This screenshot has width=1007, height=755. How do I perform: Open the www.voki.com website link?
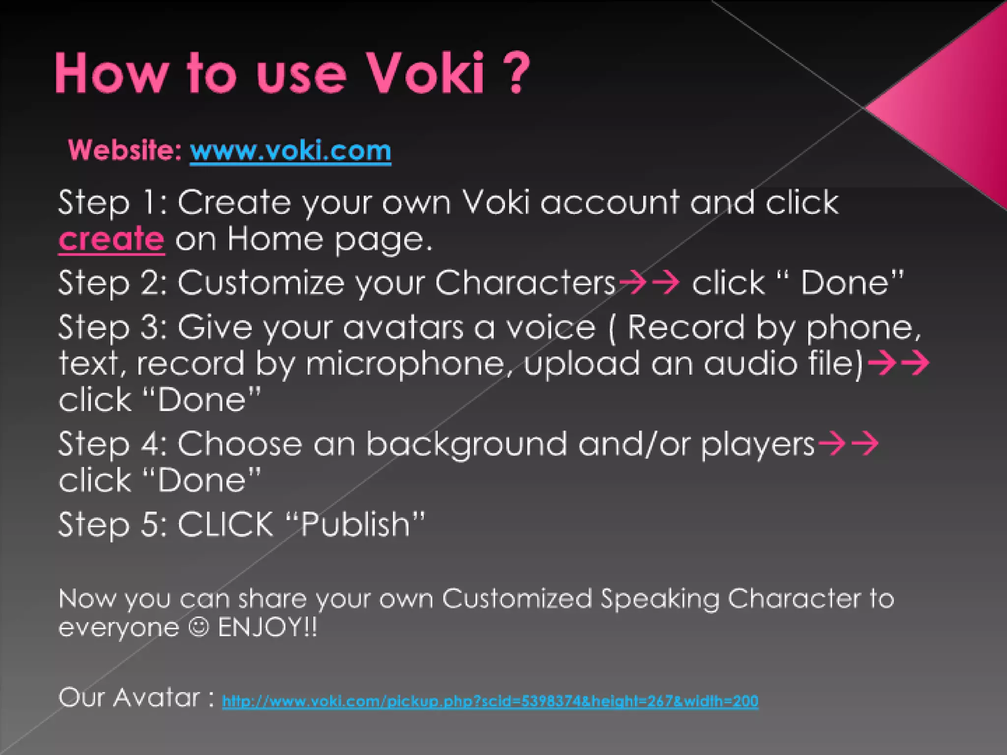click(290, 150)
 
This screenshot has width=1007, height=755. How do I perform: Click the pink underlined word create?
click(111, 239)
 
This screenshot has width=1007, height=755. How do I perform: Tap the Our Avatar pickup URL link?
click(490, 700)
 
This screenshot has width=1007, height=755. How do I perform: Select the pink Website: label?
click(125, 149)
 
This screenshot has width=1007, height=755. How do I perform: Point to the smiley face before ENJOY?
click(199, 627)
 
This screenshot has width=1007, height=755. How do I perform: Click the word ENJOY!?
click(267, 627)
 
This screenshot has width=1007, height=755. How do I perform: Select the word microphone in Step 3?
click(406, 364)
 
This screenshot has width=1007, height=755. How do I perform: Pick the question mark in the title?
click(516, 74)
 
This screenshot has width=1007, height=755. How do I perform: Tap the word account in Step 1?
click(610, 202)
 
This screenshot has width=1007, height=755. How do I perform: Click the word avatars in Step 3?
click(403, 328)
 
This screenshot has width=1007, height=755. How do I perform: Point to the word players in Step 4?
click(757, 444)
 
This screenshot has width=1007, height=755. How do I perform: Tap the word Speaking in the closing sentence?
click(659, 599)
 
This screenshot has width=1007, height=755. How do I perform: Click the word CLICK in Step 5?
click(225, 524)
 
